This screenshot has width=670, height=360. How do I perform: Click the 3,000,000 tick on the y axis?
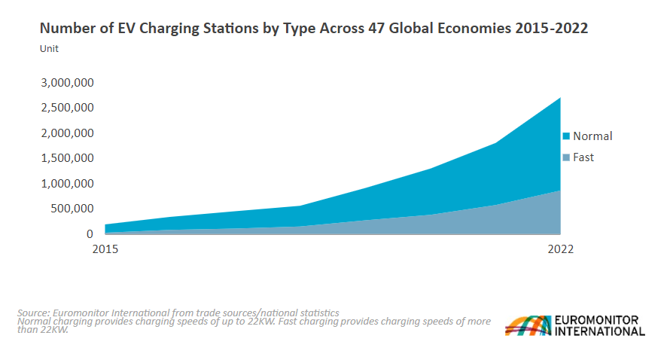[66, 82]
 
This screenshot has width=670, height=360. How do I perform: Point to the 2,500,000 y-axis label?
[66, 108]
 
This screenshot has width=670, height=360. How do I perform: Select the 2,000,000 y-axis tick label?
[66, 133]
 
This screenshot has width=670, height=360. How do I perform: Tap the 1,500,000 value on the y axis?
[66, 158]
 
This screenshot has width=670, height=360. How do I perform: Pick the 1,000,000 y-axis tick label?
[66, 184]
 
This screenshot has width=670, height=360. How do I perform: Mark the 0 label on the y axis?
[90, 234]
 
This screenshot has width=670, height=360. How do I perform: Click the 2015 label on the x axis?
[105, 249]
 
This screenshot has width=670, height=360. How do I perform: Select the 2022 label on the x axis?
[560, 249]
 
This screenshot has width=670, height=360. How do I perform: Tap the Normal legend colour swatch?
[566, 136]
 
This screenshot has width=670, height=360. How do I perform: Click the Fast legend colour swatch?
[566, 157]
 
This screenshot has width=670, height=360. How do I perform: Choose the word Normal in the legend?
[592, 136]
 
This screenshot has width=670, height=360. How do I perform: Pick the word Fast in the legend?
[583, 157]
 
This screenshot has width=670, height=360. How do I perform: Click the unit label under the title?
[49, 49]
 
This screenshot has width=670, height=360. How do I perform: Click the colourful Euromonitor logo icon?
[527, 325]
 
